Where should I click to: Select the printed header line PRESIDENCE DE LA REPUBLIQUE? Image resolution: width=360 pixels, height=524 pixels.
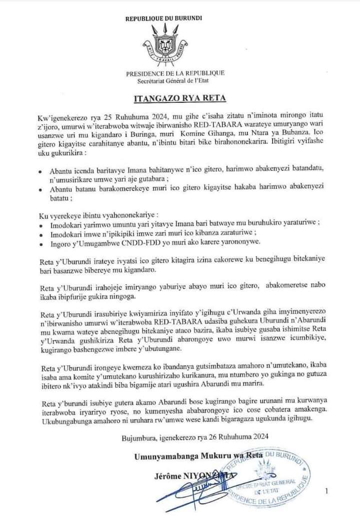pyautogui.click(x=175, y=73)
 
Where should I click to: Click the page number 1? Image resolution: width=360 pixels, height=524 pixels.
pyautogui.click(x=326, y=492)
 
